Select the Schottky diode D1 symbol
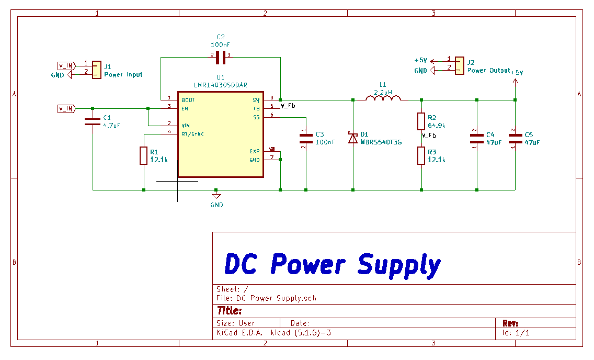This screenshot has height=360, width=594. pos(353,138)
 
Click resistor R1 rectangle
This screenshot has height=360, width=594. pos(144,156)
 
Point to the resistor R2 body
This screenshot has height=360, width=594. pos(421,121)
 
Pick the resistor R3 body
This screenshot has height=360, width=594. pos(421,156)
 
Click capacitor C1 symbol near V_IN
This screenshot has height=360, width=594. pos(93,122)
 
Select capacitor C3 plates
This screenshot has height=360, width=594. pos(306,138)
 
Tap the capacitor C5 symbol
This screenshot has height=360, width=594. pos(515,138)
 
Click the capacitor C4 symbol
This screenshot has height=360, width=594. pos(477,138)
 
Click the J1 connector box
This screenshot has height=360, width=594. pos(96,70)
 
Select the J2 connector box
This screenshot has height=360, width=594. pos(459,65)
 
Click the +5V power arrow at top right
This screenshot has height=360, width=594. pos(516,81)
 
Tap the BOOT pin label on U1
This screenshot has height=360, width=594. pos(188,100)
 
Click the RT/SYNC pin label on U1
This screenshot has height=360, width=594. pos(192,134)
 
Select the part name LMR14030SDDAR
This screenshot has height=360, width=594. pos(220,84)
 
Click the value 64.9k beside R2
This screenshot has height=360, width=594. pos(436,126)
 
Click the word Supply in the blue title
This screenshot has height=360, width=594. pos(398,266)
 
